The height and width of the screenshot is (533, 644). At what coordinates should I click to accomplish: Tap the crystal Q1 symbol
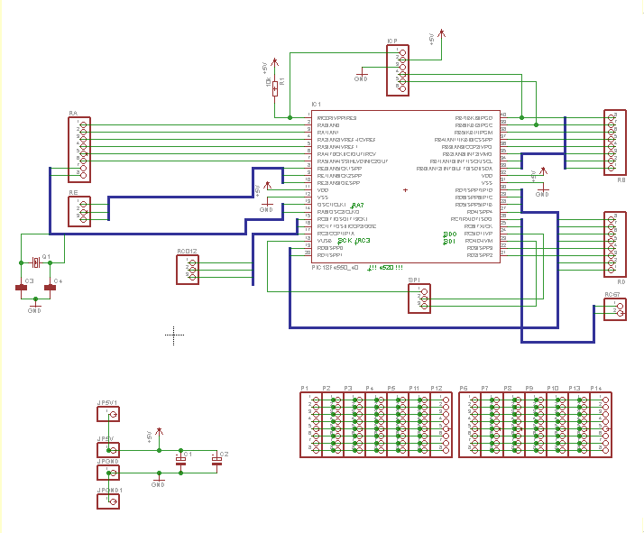tap(35, 262)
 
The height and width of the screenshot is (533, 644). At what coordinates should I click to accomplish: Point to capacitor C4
tap(51, 288)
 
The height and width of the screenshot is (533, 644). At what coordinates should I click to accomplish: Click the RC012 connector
tap(189, 269)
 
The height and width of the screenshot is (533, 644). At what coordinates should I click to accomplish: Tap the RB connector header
tap(614, 142)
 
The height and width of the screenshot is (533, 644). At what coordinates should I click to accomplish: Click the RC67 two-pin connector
tap(616, 308)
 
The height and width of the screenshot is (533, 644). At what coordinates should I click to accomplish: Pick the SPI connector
tap(420, 299)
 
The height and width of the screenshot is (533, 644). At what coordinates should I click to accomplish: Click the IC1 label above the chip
tap(317, 104)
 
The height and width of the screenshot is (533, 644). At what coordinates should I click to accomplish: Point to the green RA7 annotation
tap(357, 205)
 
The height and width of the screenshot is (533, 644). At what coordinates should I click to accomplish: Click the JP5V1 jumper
tap(108, 414)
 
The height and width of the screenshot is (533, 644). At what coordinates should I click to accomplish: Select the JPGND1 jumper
tap(108, 500)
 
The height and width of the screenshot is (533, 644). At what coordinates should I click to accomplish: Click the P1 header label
tap(305, 388)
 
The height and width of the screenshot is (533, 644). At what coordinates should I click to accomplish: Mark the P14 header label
tap(596, 388)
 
